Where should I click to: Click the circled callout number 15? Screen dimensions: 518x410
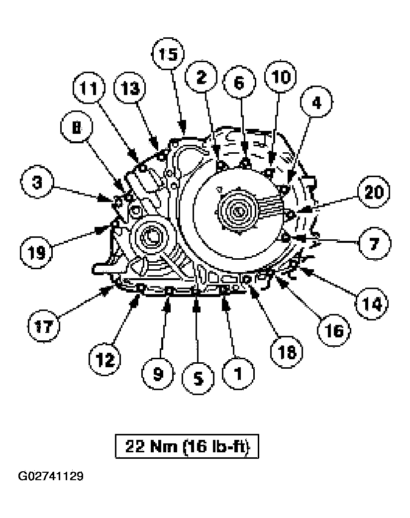[168, 55]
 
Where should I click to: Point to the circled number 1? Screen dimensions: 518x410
[236, 373]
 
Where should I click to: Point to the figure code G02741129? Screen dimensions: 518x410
[51, 476]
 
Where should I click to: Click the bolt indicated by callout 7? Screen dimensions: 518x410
[285, 238]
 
